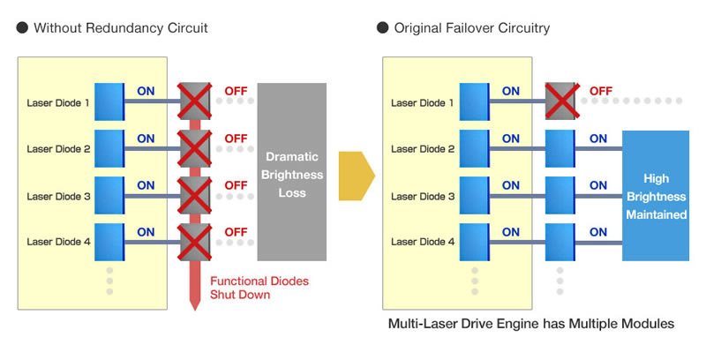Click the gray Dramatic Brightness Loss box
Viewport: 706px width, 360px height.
click(x=291, y=172)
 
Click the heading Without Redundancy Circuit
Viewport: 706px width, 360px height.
click(x=121, y=28)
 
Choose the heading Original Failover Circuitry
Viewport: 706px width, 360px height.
click(x=471, y=28)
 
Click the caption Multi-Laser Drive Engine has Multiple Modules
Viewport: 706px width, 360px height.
click(x=531, y=325)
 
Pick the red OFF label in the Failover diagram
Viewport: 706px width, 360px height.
click(x=601, y=91)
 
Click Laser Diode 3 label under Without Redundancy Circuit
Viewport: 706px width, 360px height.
click(x=59, y=196)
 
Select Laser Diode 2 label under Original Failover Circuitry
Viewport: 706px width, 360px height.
click(x=423, y=149)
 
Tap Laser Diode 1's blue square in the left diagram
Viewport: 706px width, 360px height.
click(x=109, y=101)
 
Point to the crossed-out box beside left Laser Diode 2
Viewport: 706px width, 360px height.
click(x=194, y=147)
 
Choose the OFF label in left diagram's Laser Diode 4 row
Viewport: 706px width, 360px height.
click(x=236, y=232)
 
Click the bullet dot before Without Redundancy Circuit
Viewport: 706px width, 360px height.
click(x=22, y=28)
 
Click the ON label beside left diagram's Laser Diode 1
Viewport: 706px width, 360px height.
click(x=146, y=91)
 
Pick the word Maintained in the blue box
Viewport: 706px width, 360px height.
click(x=656, y=214)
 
